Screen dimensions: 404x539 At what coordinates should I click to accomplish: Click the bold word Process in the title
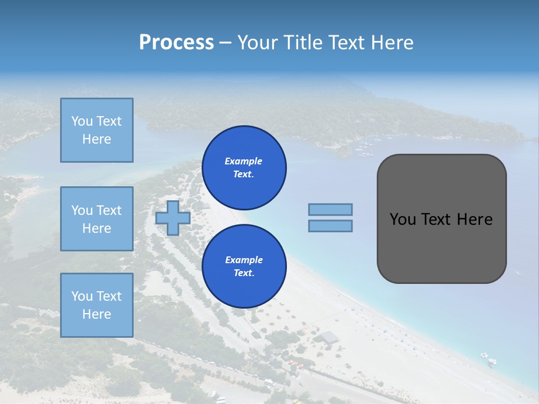[176, 42]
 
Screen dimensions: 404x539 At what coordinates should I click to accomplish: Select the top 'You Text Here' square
[97, 130]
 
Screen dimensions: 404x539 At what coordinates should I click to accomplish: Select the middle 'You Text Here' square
[97, 219]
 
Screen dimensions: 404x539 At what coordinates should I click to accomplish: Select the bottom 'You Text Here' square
[97, 305]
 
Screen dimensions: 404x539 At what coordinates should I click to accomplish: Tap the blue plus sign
[172, 218]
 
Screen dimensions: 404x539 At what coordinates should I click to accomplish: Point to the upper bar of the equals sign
[330, 210]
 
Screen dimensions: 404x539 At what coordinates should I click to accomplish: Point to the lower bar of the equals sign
[330, 226]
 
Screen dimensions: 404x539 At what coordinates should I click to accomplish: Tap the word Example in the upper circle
[244, 161]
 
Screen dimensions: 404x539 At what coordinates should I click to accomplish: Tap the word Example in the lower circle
[244, 260]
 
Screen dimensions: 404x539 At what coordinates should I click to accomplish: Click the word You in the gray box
[403, 219]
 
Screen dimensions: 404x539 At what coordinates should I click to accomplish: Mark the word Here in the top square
[97, 139]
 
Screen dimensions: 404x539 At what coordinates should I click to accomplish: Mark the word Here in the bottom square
[97, 314]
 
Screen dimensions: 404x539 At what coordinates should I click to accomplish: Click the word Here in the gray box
[474, 219]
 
